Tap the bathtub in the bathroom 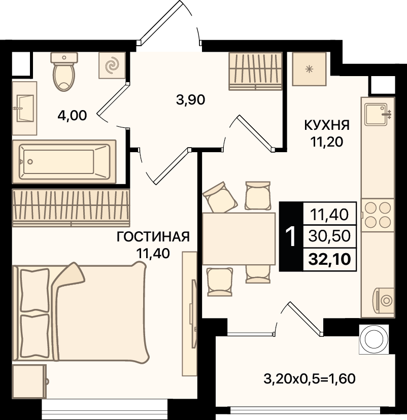pyautogui.click(x=64, y=161)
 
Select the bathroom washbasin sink pyautogui.click(x=25, y=108)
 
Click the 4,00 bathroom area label pyautogui.click(x=72, y=116)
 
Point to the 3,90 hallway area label pyautogui.click(x=190, y=100)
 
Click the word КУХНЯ pyautogui.click(x=327, y=125)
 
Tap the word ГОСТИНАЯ pyautogui.click(x=153, y=237)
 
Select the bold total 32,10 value pyautogui.click(x=329, y=259)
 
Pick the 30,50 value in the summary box pyautogui.click(x=329, y=236)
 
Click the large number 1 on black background pyautogui.click(x=291, y=236)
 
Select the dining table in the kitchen pyautogui.click(x=239, y=239)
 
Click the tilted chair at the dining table pyautogui.click(x=220, y=197)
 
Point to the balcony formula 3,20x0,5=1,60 pyautogui.click(x=310, y=379)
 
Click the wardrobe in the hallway pyautogui.click(x=255, y=71)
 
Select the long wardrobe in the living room pyautogui.click(x=71, y=208)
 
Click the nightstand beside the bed pyautogui.click(x=29, y=381)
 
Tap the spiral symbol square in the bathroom pyautogui.click(x=112, y=65)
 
